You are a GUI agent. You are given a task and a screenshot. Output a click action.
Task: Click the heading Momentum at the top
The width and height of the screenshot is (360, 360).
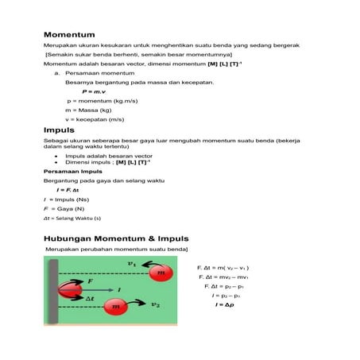click(x=69, y=35)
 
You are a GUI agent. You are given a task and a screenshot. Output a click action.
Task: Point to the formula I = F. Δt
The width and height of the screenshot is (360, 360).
click(x=68, y=191)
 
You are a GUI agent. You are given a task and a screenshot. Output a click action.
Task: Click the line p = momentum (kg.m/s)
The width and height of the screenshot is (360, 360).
click(x=99, y=102)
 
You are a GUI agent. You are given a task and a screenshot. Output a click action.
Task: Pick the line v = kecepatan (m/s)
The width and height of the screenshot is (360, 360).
click(x=95, y=119)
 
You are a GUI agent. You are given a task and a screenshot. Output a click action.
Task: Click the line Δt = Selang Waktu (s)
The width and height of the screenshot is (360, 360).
click(x=72, y=218)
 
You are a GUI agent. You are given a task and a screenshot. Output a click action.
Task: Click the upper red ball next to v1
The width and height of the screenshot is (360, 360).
click(x=162, y=273)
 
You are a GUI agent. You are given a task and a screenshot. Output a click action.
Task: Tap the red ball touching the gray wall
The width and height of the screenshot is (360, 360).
click(x=68, y=288)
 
